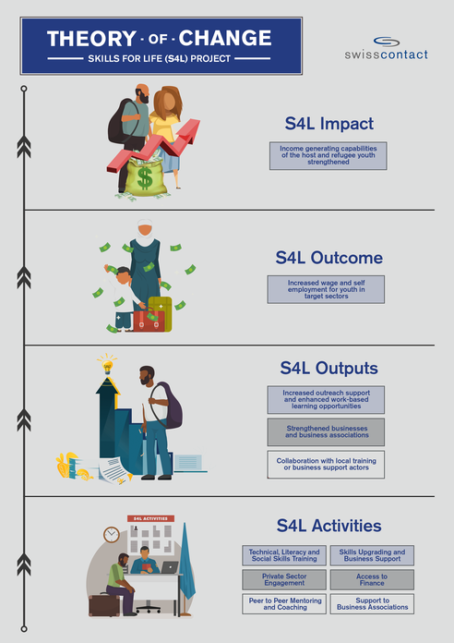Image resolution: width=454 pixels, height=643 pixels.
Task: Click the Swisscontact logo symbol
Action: click(387, 42)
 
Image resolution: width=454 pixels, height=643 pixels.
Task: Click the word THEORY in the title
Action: click(91, 39)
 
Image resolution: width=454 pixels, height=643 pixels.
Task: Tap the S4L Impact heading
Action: click(329, 124)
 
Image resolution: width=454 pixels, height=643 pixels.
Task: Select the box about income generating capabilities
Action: click(328, 155)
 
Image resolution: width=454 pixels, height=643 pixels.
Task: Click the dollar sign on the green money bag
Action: click(145, 177)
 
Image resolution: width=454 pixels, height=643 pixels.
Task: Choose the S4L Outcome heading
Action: click(329, 258)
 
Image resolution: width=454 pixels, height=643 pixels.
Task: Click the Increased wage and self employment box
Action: click(326, 289)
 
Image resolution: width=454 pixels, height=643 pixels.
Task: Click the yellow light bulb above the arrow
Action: click(107, 366)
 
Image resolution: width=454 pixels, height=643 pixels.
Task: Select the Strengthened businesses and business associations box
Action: click(326, 431)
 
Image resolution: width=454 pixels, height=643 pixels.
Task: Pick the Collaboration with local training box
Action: click(326, 464)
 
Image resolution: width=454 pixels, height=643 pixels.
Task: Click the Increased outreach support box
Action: click(326, 399)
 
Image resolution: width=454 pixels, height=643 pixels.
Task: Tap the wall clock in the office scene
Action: click(112, 534)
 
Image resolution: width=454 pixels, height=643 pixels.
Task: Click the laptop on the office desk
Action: click(170, 567)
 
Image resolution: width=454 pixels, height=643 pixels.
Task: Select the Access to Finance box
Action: click(372, 579)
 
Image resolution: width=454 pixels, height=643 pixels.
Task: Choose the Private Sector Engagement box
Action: click(284, 579)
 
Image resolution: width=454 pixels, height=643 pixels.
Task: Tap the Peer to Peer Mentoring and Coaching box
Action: click(284, 603)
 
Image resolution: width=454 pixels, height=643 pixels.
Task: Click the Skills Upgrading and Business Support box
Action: click(372, 555)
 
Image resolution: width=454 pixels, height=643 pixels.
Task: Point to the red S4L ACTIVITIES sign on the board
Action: click(150, 518)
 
